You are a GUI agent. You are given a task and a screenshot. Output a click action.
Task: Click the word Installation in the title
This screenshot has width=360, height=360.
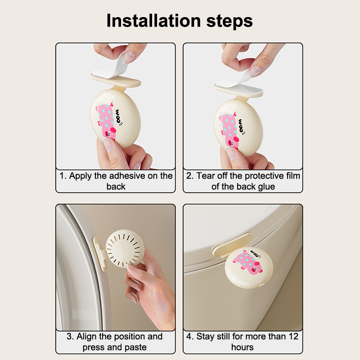154,21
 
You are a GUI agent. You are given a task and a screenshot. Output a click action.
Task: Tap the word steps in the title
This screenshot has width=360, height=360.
229,22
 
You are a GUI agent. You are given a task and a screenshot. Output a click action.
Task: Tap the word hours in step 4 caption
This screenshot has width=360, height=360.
242,347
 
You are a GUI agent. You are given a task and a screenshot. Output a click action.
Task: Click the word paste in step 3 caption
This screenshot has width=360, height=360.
135,347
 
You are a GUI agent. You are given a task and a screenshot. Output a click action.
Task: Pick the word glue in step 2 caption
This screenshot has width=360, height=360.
266,187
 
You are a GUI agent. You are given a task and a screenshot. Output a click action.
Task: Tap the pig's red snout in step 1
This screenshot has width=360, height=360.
113,130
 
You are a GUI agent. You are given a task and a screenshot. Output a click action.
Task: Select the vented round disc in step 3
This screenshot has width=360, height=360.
125,249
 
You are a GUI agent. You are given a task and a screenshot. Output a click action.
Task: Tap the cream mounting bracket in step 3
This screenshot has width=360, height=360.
100,254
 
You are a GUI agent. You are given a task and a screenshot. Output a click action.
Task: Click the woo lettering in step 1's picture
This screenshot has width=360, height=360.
118,117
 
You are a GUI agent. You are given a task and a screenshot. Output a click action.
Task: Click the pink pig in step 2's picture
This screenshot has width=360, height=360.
229,130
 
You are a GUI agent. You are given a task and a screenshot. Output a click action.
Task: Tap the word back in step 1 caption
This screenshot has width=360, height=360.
116,187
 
